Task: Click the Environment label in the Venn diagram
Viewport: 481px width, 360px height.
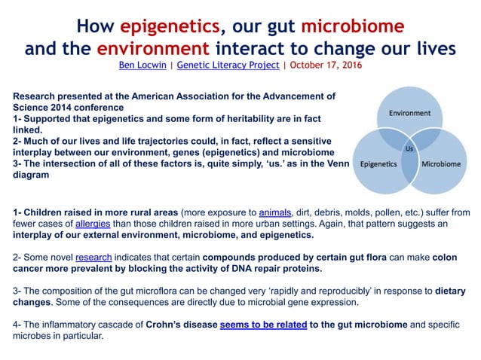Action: (409, 113)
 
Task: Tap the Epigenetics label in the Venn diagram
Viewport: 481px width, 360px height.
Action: (379, 163)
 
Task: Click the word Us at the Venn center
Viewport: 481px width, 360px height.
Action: (410, 148)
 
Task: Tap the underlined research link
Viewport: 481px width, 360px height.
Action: (93, 258)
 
